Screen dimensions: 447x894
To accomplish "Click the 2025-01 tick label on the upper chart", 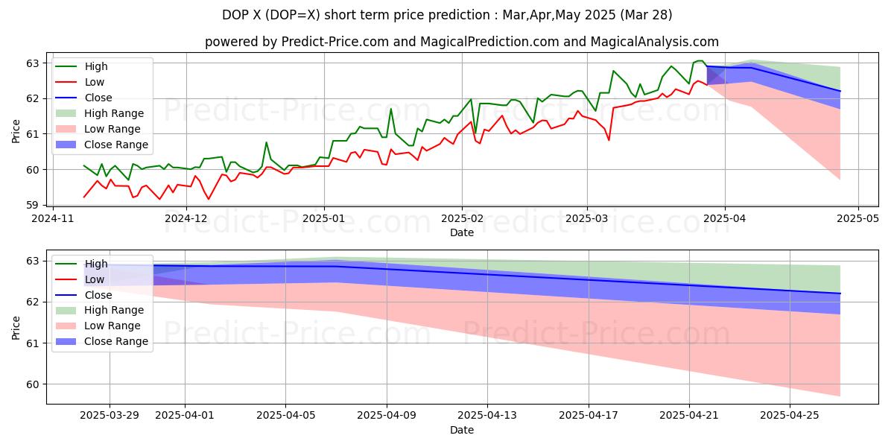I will (x=323, y=218).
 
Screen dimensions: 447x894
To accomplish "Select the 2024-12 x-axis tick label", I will (x=186, y=218).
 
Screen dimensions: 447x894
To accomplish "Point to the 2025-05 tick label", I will (x=858, y=218).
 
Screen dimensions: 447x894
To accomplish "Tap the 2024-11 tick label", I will (x=52, y=218).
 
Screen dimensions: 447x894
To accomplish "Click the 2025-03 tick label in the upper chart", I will (x=586, y=218).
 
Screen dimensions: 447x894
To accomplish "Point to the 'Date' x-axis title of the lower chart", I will (x=462, y=430).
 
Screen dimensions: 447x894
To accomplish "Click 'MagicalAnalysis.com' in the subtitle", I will (x=655, y=42).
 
